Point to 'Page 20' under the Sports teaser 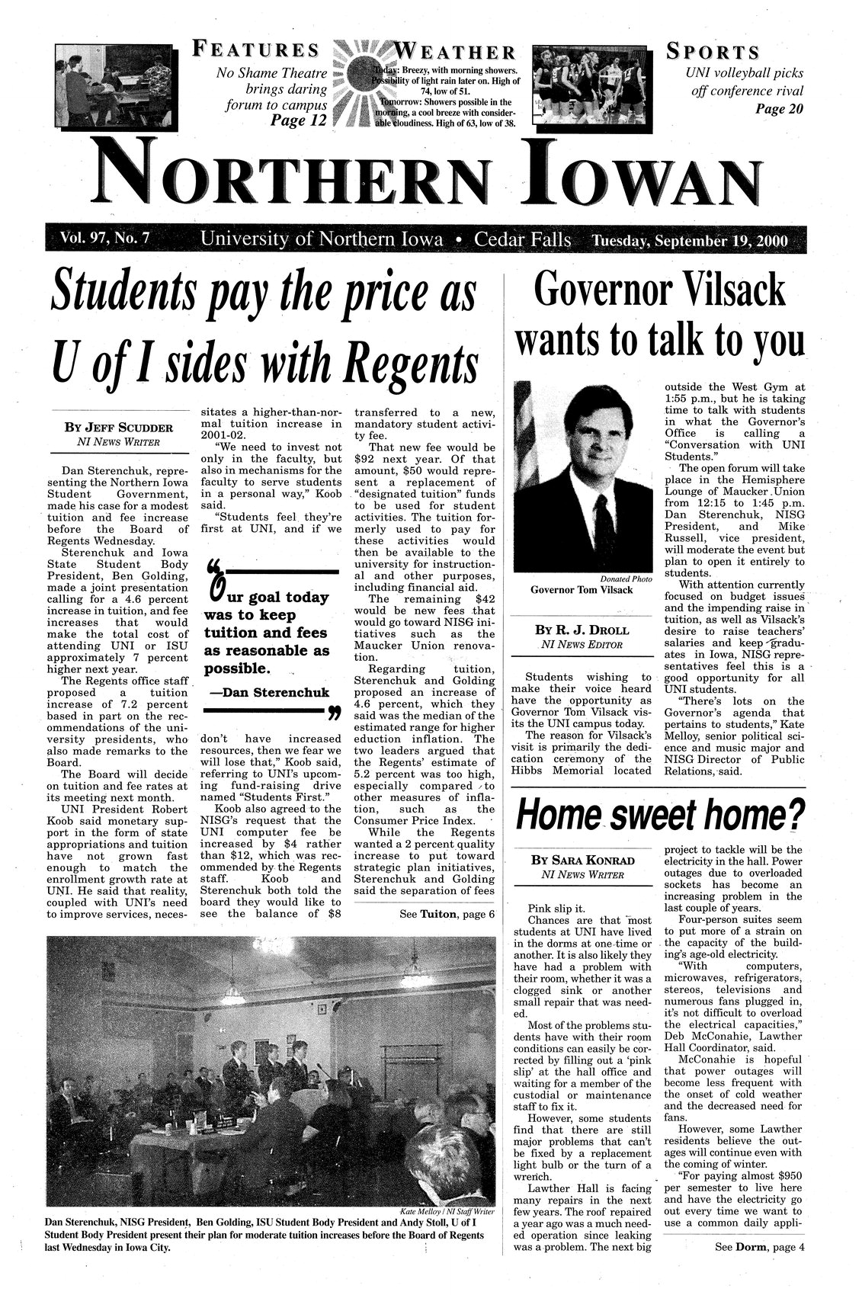pos(779,107)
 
